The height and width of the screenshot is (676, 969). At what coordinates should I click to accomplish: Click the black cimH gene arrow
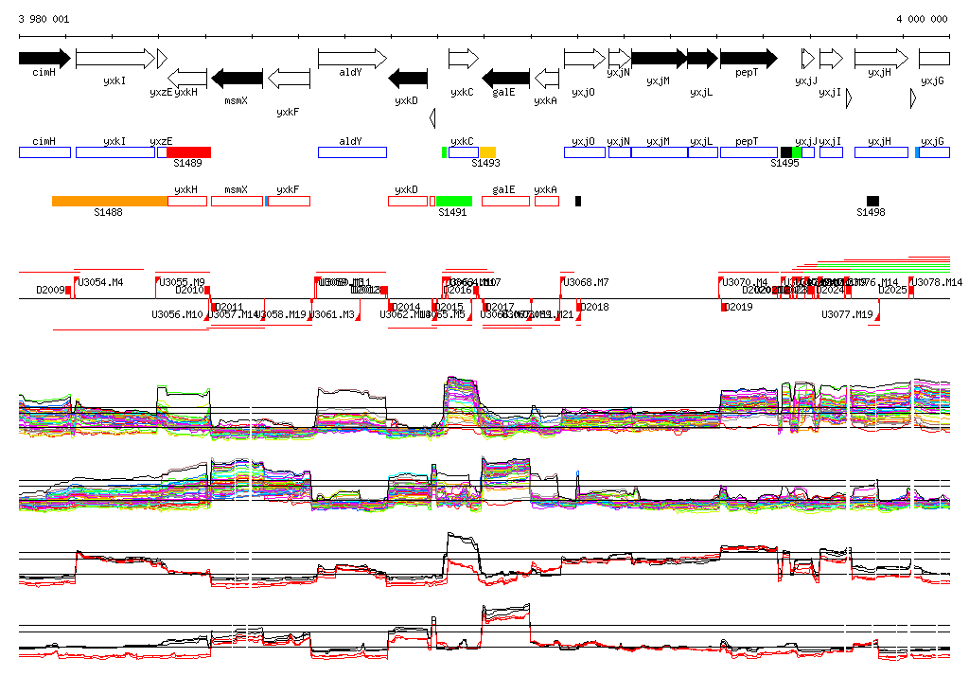pos(44,58)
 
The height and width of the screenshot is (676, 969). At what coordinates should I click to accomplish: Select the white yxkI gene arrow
pos(115,58)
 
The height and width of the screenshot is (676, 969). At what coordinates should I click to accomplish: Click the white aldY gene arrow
pos(352,58)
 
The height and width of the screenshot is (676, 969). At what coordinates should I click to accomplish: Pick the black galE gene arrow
pos(506,78)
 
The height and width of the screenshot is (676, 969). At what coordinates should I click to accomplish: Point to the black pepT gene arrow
pos(748,58)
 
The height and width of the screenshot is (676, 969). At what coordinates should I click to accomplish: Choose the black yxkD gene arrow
pos(409,78)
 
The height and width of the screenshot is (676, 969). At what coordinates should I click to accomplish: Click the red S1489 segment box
pos(188,152)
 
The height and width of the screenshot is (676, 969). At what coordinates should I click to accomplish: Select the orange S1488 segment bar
pos(110,201)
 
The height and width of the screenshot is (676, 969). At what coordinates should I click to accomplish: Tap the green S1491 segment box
pos(454,201)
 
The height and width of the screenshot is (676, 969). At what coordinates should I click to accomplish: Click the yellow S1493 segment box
pos(487,152)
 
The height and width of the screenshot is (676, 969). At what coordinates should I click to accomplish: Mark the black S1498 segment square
pos(872,201)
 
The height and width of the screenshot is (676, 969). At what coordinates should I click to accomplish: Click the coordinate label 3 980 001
pos(44,19)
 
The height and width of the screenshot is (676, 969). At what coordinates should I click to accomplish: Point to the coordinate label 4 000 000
pos(922,19)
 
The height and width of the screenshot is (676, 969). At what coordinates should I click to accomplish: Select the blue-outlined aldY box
pos(352,152)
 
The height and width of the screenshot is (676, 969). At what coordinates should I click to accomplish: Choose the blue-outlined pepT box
pos(748,152)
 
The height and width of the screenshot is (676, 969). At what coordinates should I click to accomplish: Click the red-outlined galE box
pos(505,201)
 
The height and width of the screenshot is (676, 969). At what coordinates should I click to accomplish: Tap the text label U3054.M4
pos(101,282)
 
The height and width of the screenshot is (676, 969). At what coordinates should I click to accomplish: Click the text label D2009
pos(50,290)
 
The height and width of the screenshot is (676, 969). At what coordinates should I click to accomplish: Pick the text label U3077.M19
pos(847,314)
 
